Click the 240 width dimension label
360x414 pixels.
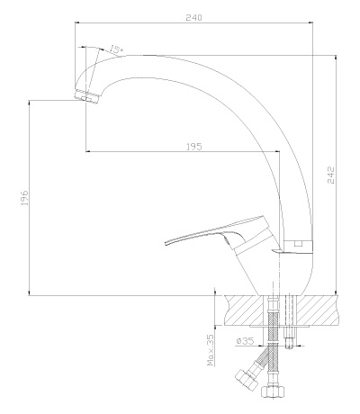(193, 17)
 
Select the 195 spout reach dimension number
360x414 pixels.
(194, 147)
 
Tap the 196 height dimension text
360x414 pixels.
(24, 197)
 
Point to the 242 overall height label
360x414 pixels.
(330, 175)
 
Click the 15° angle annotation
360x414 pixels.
(116, 49)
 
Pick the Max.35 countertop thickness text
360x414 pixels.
(211, 350)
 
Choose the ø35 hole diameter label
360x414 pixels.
(245, 341)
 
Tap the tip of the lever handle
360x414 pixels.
(166, 243)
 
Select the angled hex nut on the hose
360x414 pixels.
(247, 380)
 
